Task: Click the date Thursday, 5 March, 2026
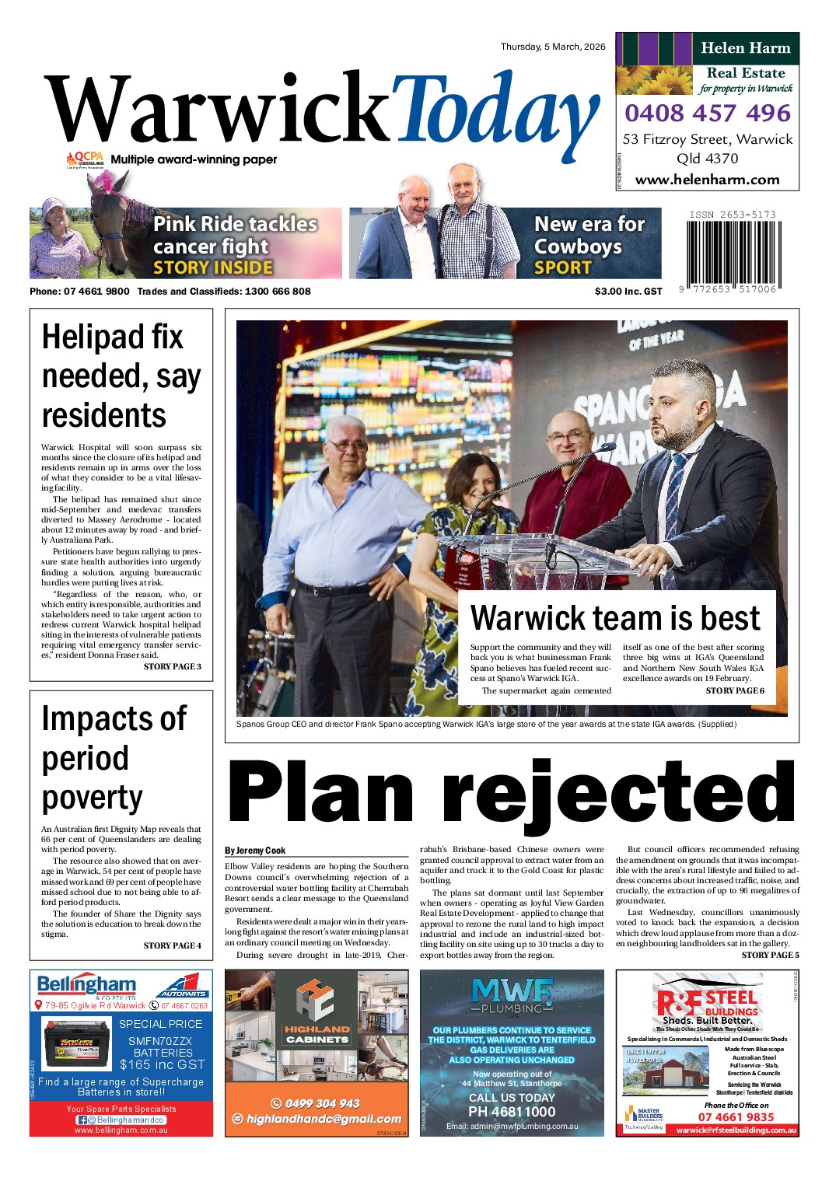(x=552, y=47)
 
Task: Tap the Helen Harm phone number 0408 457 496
(x=707, y=114)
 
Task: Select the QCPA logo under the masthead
(x=85, y=159)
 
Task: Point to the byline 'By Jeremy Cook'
(x=255, y=851)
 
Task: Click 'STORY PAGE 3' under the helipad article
(x=172, y=666)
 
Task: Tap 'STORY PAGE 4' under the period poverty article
(x=172, y=945)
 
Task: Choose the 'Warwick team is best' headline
(x=615, y=618)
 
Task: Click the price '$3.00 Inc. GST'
(x=628, y=292)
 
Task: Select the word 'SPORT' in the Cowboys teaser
(x=563, y=267)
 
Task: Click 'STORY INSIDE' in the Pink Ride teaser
(x=213, y=267)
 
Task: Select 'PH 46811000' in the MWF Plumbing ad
(x=512, y=1112)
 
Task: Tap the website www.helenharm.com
(x=707, y=180)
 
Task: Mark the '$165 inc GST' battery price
(x=162, y=1064)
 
